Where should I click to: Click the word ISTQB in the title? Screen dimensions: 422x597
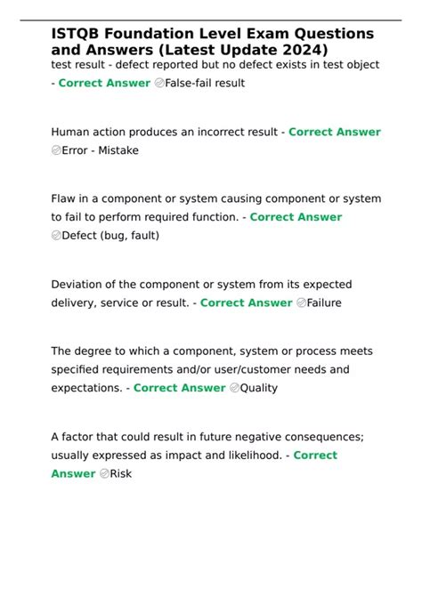76,33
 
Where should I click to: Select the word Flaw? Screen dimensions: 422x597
65,198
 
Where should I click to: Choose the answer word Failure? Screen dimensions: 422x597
325,303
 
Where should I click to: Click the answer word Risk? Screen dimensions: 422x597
120,473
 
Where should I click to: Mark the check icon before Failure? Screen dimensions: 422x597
302,303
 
